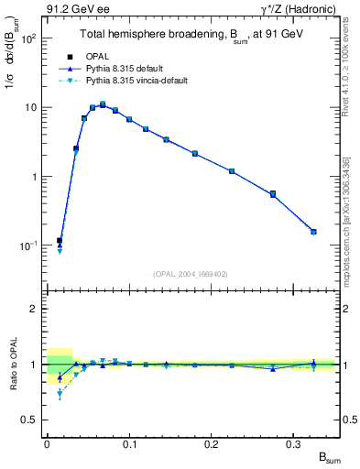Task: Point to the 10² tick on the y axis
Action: click(x=27, y=38)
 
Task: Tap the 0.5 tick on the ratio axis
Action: click(x=29, y=420)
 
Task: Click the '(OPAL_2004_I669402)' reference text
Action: click(x=190, y=273)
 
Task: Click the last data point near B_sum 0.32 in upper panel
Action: click(x=313, y=232)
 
